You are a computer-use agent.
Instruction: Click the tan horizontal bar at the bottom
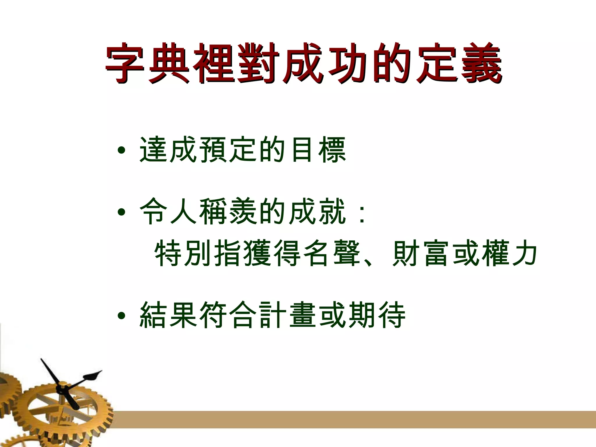tap(349, 419)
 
